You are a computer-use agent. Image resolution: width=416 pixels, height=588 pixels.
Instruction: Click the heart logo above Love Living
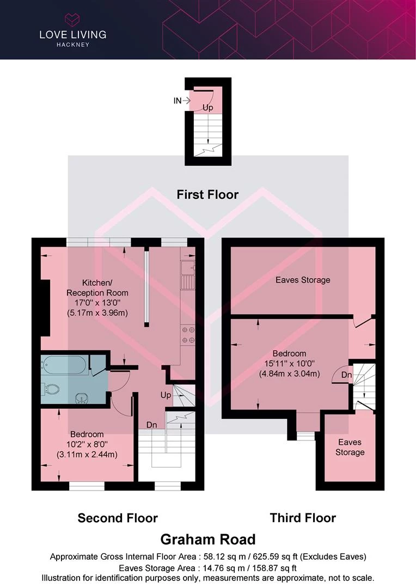[x=72, y=20]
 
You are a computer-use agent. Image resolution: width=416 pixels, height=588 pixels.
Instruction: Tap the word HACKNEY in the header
[x=73, y=45]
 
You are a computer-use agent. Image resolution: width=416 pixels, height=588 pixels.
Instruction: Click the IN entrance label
[x=178, y=101]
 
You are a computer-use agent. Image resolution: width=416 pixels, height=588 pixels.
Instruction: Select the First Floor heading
[x=207, y=194]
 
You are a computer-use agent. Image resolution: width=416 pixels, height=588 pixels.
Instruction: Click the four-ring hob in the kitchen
[x=188, y=335]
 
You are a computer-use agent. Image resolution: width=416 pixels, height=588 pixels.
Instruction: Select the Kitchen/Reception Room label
[x=97, y=287]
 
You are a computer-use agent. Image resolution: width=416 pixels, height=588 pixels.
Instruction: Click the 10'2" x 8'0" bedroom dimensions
[x=87, y=444]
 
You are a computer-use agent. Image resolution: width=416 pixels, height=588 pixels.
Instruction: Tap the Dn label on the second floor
[x=151, y=425]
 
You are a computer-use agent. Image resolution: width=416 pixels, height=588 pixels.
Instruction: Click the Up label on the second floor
[x=166, y=395]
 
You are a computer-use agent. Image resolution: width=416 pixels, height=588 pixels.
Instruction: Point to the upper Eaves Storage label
[x=303, y=280]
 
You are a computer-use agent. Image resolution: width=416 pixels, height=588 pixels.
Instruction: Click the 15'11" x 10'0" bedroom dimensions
[x=289, y=363]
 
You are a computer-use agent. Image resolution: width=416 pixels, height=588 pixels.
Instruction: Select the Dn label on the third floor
[x=347, y=375]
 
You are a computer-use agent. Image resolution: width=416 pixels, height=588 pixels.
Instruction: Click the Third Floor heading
[x=303, y=518]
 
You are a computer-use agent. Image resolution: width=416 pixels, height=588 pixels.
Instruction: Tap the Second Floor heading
[x=118, y=518]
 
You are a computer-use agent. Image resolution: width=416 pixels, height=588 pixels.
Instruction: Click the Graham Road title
[x=208, y=539]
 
